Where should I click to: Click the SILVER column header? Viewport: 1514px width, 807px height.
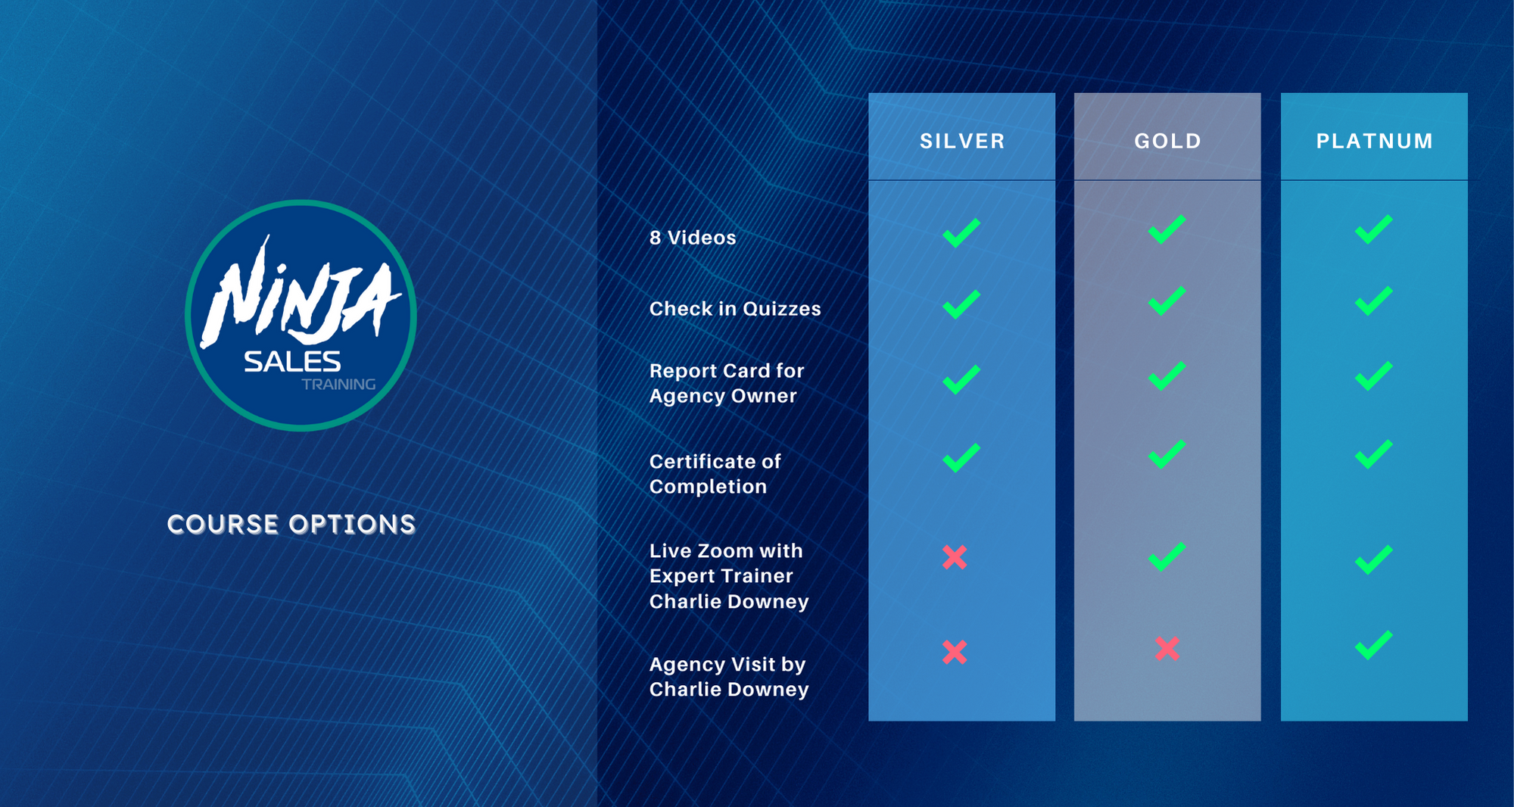pyautogui.click(x=962, y=141)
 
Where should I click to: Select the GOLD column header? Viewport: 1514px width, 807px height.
pyautogui.click(x=1167, y=141)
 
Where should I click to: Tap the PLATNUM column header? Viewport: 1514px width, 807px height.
pyautogui.click(x=1375, y=141)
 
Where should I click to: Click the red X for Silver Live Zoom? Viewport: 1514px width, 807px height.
pyautogui.click(x=955, y=558)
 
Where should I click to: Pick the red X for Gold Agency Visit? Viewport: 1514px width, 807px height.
pyautogui.click(x=1167, y=649)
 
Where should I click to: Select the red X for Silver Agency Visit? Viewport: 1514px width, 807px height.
pyautogui.click(x=955, y=652)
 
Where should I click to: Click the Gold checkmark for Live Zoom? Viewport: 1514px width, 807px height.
pyautogui.click(x=1167, y=556)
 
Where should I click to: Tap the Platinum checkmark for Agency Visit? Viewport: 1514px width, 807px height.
pyautogui.click(x=1373, y=645)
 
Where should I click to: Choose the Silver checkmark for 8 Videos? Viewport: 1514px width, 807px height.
pyautogui.click(x=961, y=232)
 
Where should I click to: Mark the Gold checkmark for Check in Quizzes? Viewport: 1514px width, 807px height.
pyautogui.click(x=1167, y=301)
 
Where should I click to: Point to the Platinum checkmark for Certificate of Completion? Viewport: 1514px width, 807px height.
pyautogui.click(x=1373, y=454)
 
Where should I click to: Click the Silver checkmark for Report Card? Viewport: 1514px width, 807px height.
pyautogui.click(x=961, y=379)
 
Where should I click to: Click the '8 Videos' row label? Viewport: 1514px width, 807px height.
pyautogui.click(x=693, y=238)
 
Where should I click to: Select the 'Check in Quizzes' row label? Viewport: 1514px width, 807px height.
pyautogui.click(x=735, y=309)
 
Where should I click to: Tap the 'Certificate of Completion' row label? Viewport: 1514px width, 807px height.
pyautogui.click(x=715, y=474)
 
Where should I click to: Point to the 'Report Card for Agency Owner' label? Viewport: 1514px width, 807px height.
pyautogui.click(x=727, y=383)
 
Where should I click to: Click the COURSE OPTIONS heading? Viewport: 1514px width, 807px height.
pyautogui.click(x=291, y=525)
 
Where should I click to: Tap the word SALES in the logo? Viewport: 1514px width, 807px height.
pyautogui.click(x=292, y=362)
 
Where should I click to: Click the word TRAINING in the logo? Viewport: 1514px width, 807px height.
pyautogui.click(x=338, y=385)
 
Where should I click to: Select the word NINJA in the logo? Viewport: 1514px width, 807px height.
pyautogui.click(x=300, y=294)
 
